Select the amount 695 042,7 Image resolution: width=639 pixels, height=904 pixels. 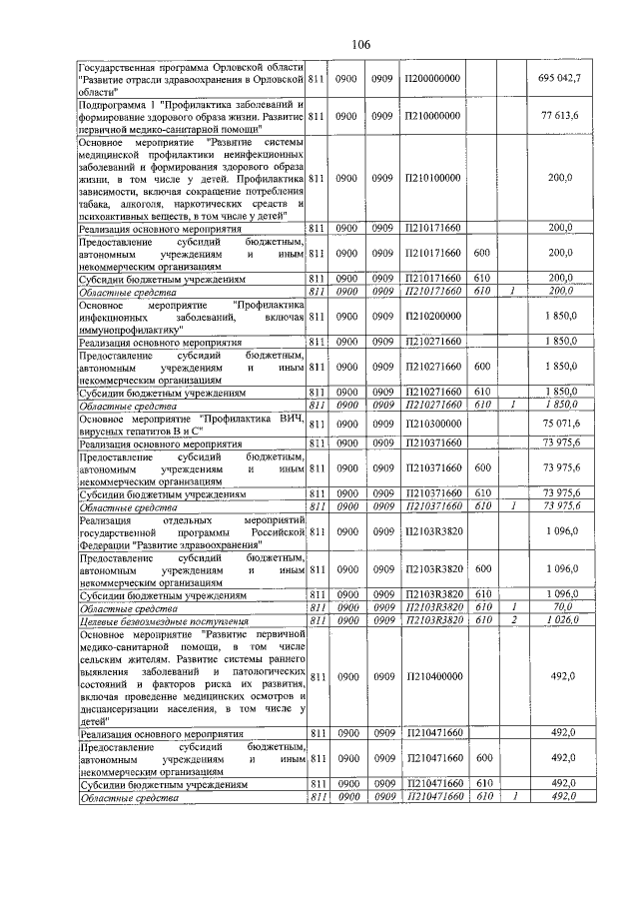[565, 77]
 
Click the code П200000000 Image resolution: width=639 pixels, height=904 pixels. [432, 77]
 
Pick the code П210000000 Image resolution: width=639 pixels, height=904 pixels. [432, 116]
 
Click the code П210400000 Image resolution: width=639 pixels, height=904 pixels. [432, 676]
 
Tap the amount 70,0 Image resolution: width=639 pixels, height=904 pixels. [569, 607]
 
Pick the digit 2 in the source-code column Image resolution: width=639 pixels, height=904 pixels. [512, 620]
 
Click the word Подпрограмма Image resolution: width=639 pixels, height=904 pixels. [113, 104]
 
